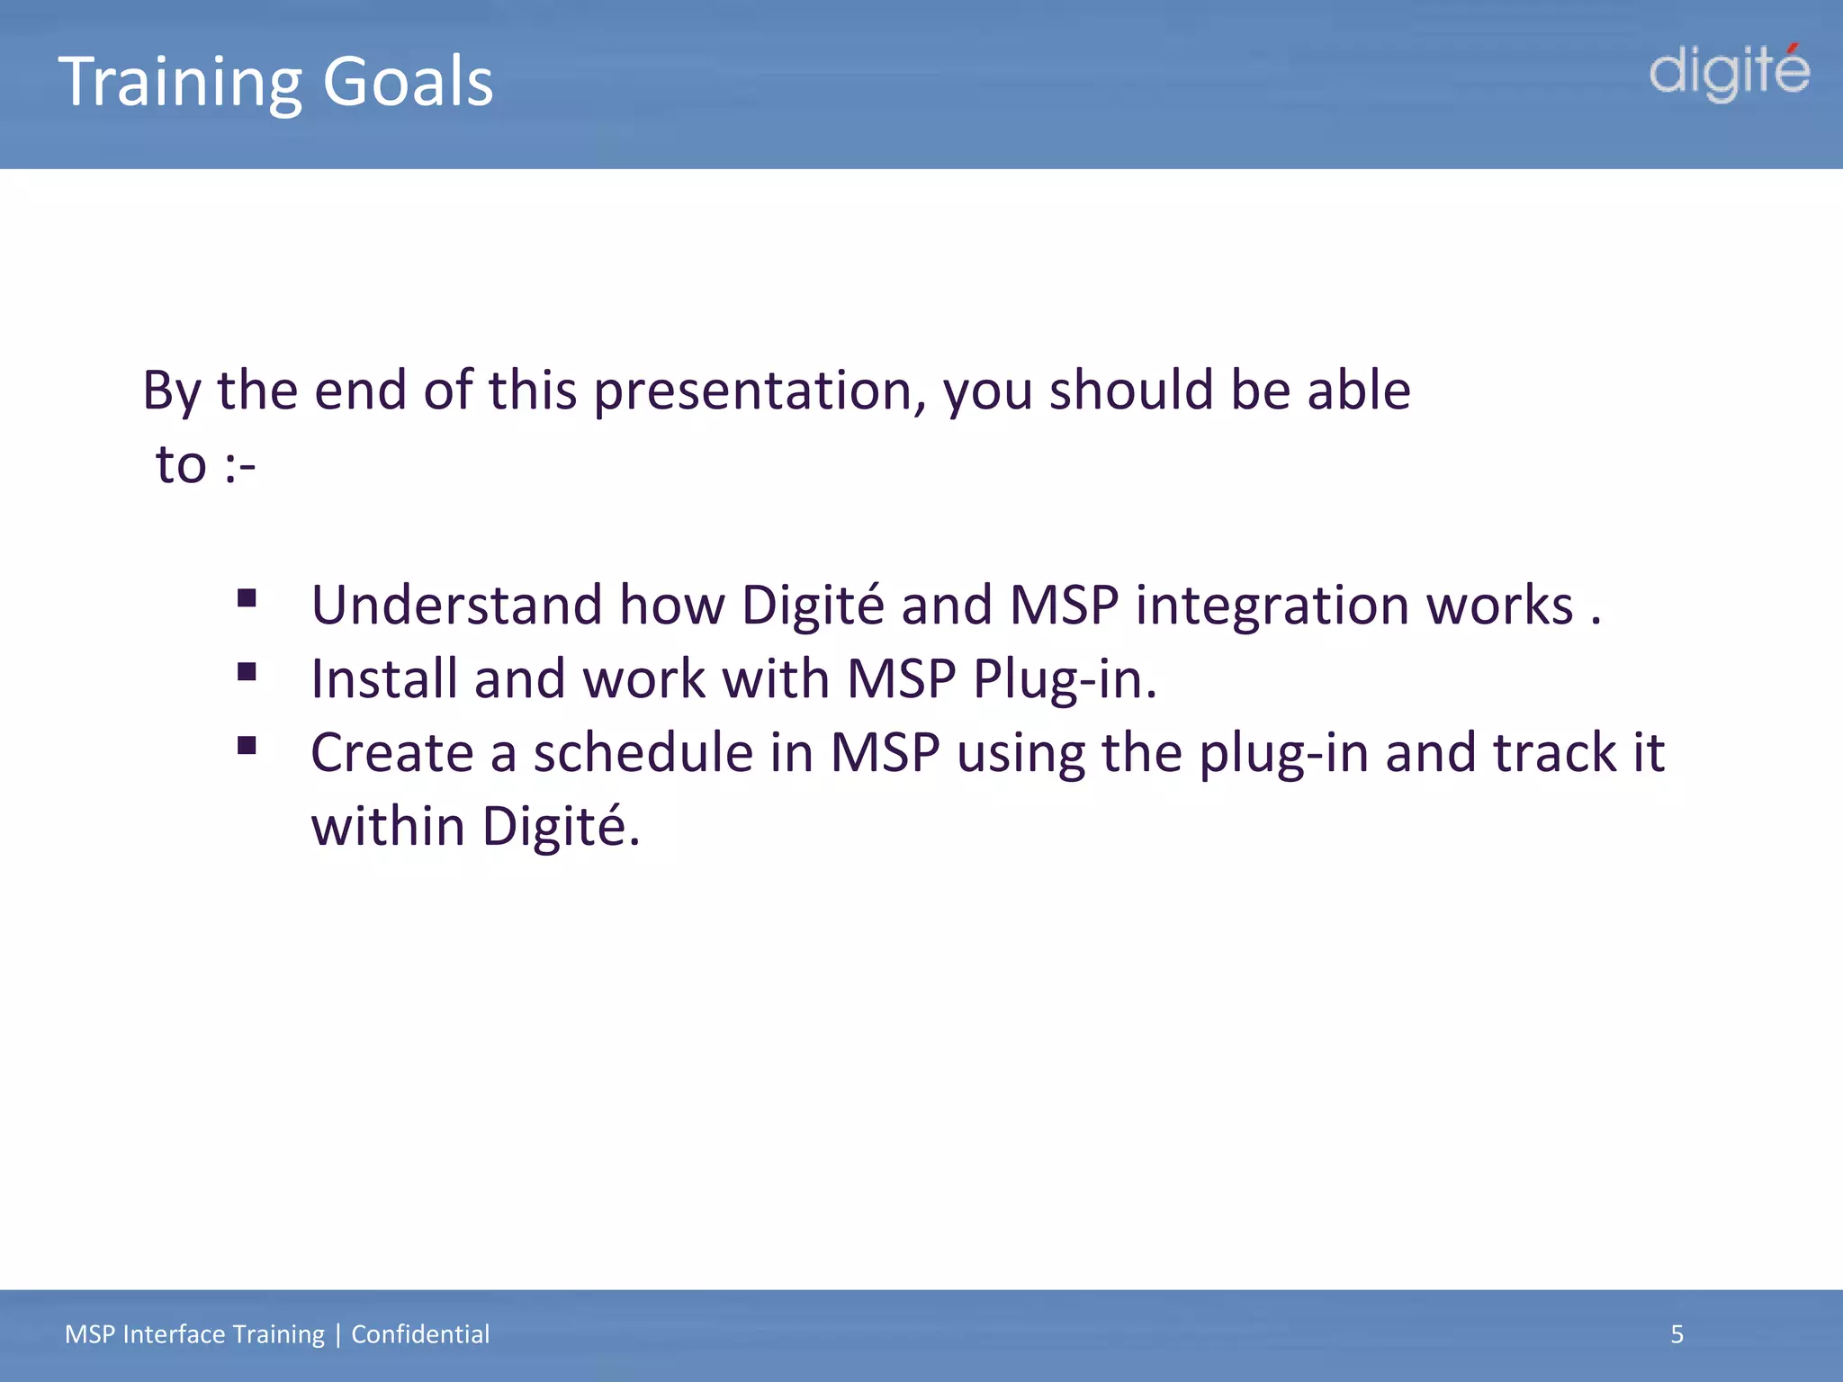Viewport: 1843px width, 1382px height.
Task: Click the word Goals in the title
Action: [408, 81]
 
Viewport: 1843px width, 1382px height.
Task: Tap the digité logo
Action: [1729, 73]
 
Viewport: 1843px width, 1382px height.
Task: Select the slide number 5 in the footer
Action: [1677, 1334]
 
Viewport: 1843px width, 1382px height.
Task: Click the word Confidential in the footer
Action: [420, 1334]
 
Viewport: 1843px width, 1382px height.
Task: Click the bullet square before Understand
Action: [247, 598]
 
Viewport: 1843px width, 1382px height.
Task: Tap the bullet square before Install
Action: [247, 672]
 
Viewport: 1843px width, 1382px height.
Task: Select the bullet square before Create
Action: [247, 746]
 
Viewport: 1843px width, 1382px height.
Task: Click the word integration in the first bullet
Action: [1272, 606]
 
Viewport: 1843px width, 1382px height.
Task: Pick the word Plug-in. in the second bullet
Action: [1065, 679]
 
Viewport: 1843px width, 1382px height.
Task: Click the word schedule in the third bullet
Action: [643, 753]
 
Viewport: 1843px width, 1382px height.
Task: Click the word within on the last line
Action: [388, 827]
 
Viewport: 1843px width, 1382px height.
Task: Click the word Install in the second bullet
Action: [383, 679]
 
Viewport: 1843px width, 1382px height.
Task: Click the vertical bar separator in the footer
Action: [338, 1334]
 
